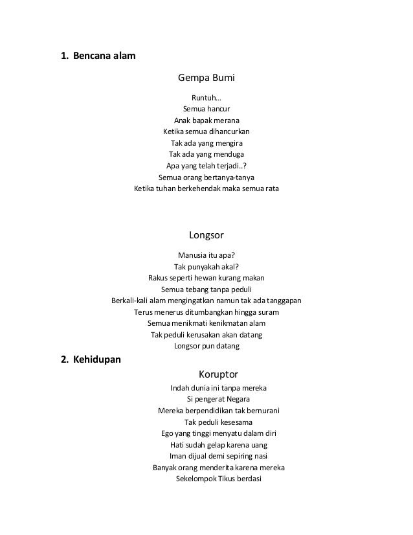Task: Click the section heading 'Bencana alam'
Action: tap(104, 56)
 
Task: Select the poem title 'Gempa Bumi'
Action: tap(206, 79)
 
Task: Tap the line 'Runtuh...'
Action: tap(206, 97)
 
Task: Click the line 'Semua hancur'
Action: tap(206, 109)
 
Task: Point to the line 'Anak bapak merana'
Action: tap(206, 120)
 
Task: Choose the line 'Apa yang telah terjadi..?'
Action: tap(206, 165)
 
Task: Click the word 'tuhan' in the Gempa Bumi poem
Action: tap(168, 188)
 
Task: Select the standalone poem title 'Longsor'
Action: tap(206, 234)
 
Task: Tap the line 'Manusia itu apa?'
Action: tap(206, 254)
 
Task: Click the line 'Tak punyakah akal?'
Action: tap(206, 266)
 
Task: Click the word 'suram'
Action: tap(268, 312)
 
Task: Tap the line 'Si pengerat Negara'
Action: tap(218, 399)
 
